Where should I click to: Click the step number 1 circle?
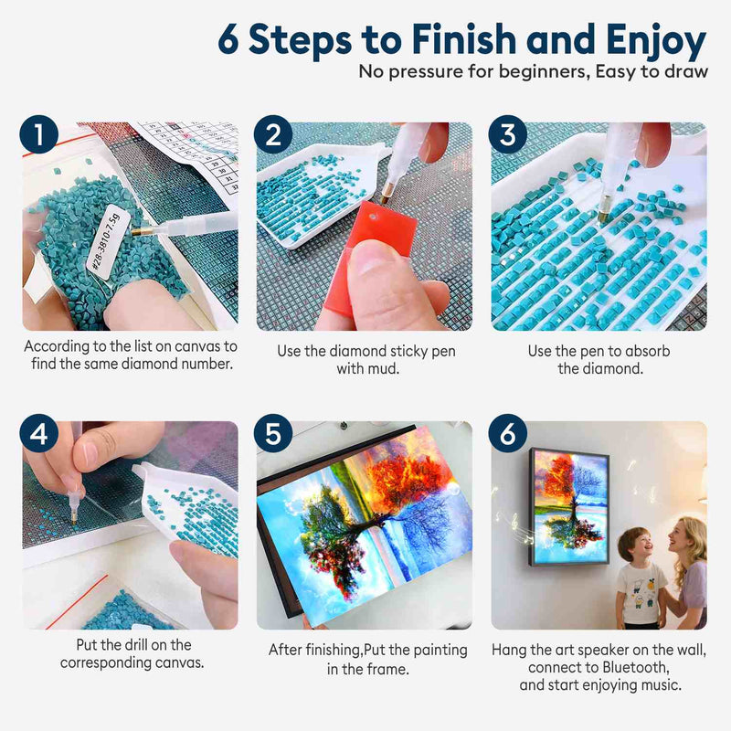tap(38, 134)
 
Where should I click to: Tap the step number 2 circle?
tap(273, 134)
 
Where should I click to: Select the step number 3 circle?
tap(508, 134)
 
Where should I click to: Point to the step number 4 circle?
tap(38, 433)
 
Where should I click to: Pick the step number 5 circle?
tap(273, 433)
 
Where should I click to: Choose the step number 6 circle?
tap(508, 433)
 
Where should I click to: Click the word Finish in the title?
tap(464, 38)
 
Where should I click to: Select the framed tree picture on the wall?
tap(569, 507)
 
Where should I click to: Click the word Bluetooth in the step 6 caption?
tap(635, 667)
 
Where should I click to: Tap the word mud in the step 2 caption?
tap(387, 369)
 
